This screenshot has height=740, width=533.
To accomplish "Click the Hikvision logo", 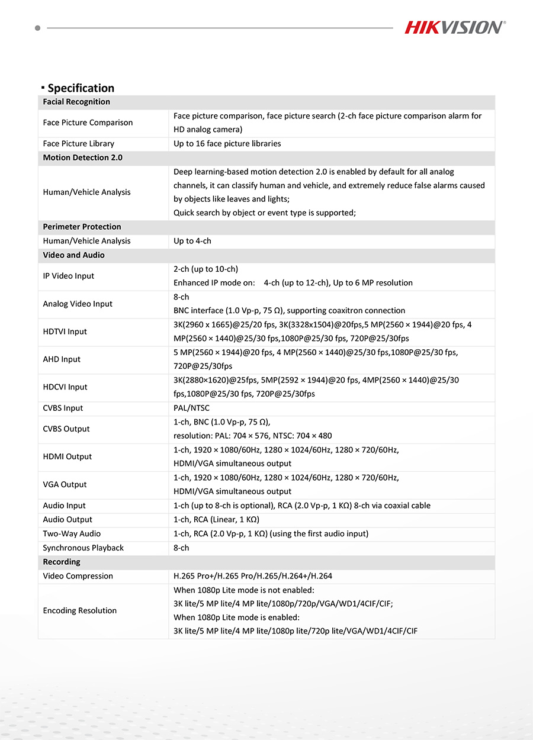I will [x=455, y=27].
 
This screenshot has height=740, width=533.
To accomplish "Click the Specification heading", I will [x=81, y=88].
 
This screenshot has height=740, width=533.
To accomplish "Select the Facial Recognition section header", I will [x=76, y=102].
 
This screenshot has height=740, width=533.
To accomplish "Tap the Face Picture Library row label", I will [x=78, y=144].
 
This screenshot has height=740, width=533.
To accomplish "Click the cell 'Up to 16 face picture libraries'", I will [x=227, y=144].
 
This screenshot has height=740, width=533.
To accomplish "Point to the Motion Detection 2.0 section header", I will [x=82, y=157].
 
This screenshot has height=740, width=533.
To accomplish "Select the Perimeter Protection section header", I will [x=82, y=227].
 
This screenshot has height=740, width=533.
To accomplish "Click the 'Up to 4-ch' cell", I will [x=192, y=241].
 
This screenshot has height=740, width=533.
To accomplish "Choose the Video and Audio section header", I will [x=73, y=255].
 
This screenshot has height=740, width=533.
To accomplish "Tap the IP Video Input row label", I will [x=68, y=276].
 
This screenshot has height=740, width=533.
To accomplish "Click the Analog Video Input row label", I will [x=77, y=304].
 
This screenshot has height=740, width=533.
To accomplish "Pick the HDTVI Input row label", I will [x=65, y=332].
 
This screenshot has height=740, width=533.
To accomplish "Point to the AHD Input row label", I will [x=62, y=359].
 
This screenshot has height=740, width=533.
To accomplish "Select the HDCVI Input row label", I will [x=65, y=387].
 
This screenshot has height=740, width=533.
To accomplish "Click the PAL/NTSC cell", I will [x=191, y=408].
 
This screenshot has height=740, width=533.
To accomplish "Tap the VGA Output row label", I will [x=65, y=484].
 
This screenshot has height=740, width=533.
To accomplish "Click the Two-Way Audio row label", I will [x=72, y=533].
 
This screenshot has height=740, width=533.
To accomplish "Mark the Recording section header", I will [x=62, y=562].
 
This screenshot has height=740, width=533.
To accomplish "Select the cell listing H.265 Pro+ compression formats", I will [x=252, y=576].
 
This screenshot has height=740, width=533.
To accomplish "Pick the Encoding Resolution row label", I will [x=79, y=610].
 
